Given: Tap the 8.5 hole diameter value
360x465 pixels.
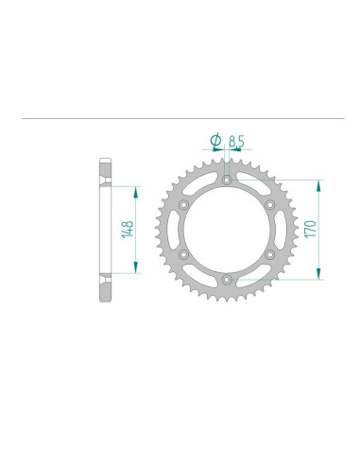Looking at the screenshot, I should pos(236,141).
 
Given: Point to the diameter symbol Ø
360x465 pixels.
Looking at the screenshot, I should pos(214,141).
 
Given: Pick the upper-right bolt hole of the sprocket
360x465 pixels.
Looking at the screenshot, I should pos(269,204).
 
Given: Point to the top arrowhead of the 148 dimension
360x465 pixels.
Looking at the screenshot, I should pos(138,190).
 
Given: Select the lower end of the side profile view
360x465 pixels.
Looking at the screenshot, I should pos(104,296).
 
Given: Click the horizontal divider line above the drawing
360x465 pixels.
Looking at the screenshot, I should pos(180,119).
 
